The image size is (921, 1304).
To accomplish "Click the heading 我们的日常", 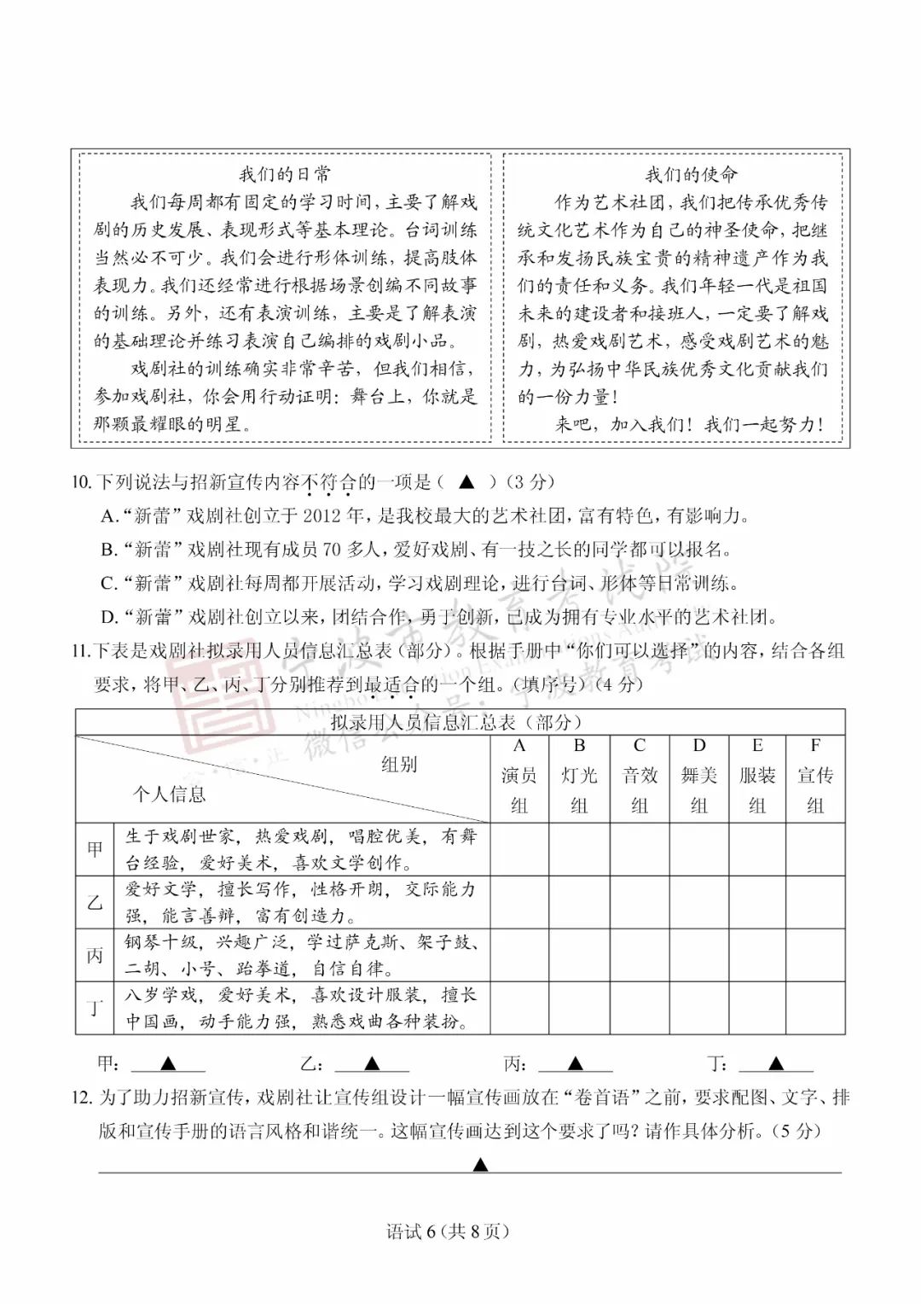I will click(x=285, y=175).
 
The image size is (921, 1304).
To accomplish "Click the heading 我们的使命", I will click(x=691, y=175).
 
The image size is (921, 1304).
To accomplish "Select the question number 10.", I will click(x=81, y=482).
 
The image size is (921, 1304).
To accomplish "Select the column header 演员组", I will click(x=518, y=777).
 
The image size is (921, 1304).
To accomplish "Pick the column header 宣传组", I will click(x=815, y=777).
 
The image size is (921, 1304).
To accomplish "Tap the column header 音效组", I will click(x=640, y=777).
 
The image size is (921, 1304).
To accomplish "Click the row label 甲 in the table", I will click(x=95, y=849).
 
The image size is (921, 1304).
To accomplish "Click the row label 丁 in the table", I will click(x=95, y=1008).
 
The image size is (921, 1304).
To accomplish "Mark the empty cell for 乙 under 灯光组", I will click(x=579, y=902).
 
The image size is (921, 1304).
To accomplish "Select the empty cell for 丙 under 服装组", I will click(x=757, y=955).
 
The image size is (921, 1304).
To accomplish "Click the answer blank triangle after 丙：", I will click(x=576, y=1063).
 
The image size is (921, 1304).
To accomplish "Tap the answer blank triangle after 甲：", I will click(x=168, y=1063).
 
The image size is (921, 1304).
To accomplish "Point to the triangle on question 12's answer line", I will click(x=480, y=1164).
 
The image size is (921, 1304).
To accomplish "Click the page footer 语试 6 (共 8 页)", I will click(x=448, y=1231).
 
